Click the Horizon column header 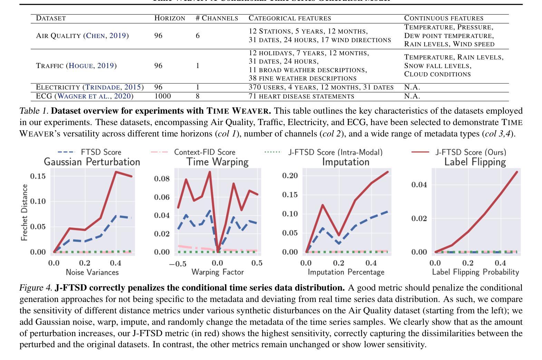170,18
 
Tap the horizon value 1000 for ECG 162,96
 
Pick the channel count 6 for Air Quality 197,36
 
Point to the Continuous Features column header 444,18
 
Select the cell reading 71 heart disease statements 301,96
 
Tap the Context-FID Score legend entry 194,152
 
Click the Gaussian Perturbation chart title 92,162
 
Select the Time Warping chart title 217,162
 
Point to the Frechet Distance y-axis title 24,212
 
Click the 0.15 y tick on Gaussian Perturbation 38,176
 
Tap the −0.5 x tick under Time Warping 178,264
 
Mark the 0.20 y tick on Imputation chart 290,176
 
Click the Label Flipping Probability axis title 475,272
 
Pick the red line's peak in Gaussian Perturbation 116,172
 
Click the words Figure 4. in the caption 36,288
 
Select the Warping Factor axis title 217,272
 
